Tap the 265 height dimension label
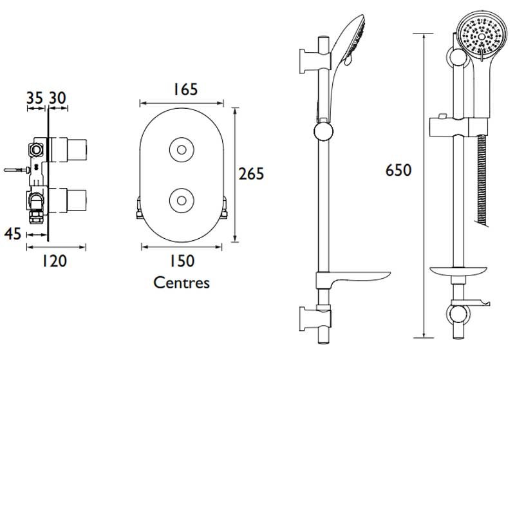[251, 173]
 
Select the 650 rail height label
[398, 170]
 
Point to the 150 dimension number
[182, 260]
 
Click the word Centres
[182, 283]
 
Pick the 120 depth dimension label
[55, 260]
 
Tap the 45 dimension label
[13, 234]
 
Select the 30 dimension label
[57, 98]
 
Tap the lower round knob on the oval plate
[181, 199]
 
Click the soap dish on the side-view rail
[354, 279]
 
